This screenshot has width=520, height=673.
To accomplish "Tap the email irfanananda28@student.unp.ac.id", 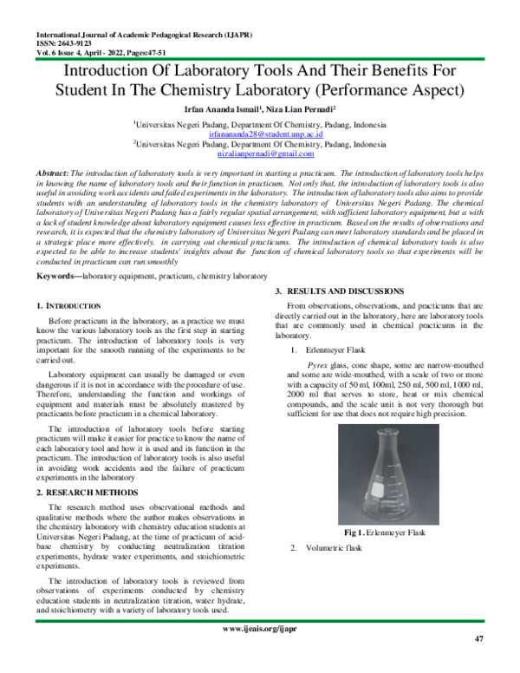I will (x=259, y=135).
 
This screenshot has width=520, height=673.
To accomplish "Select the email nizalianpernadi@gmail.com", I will (x=260, y=154).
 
